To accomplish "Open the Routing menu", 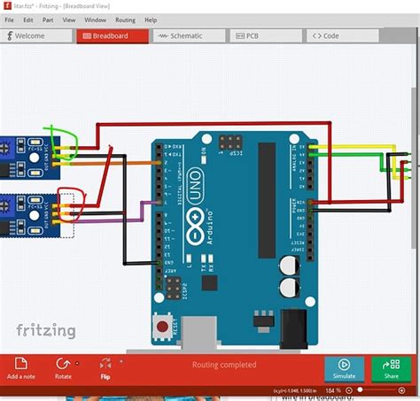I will pos(125,19).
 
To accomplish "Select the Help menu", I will pos(151,19).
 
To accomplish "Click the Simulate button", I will pos(344,367).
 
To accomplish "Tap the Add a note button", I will pos(21,367).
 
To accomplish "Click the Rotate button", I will pos(63,367).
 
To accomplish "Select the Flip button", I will pos(105,367).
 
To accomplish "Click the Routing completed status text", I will pos(224,365).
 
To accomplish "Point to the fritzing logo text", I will pos(46,330).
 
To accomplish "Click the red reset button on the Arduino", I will pos(162,327).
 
